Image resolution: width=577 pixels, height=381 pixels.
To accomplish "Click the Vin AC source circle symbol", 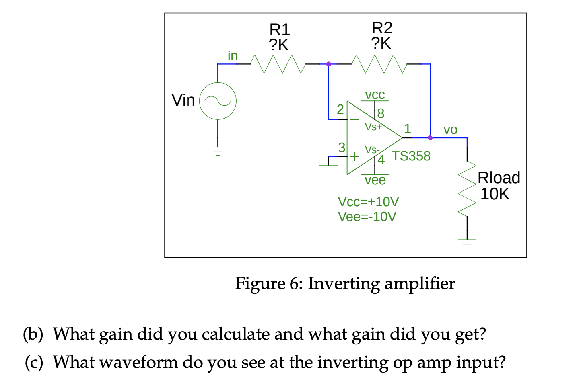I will (x=218, y=101).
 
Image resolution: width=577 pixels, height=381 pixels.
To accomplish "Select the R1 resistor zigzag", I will (x=278, y=64).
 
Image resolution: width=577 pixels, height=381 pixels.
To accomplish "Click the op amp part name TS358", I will (x=411, y=156).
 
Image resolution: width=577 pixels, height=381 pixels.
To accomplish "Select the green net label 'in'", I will (x=233, y=56).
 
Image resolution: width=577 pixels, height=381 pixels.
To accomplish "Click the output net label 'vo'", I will (x=450, y=129).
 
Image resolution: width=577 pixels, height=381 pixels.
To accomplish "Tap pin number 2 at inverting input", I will (x=340, y=109).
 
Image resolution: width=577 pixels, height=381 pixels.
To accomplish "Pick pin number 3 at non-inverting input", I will (x=342, y=147).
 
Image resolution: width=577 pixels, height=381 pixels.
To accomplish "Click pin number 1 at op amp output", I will (x=408, y=129).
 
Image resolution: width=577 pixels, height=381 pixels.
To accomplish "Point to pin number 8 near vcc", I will (x=381, y=113).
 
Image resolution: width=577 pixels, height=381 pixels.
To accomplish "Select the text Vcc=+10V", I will (x=368, y=201).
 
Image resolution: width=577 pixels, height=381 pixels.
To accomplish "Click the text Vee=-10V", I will (x=367, y=217).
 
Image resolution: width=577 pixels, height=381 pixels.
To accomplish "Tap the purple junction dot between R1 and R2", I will (x=328, y=64).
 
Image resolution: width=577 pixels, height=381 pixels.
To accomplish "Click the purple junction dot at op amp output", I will (x=430, y=138).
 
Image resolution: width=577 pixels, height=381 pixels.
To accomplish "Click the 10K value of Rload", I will (x=495, y=194).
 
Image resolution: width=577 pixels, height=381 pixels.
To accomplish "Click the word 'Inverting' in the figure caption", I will (x=344, y=283).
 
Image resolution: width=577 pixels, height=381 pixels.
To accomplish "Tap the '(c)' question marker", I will (x=34, y=362).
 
